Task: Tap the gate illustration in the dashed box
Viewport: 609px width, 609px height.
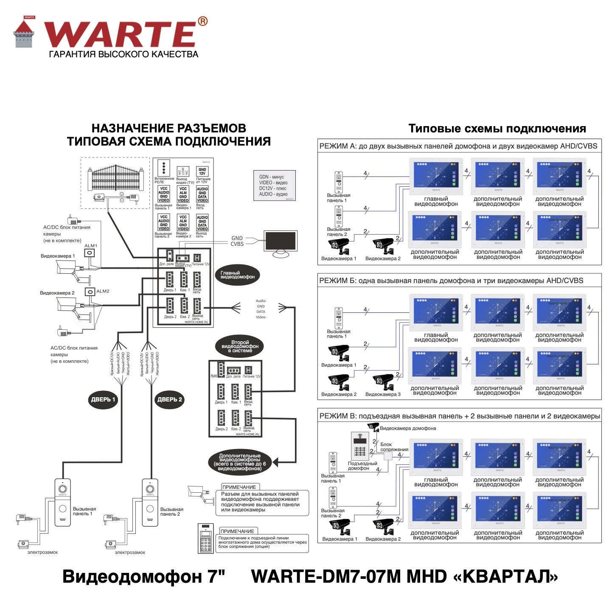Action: (115, 177)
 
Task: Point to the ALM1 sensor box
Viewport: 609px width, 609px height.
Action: (90, 253)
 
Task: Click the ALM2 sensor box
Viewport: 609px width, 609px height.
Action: (90, 292)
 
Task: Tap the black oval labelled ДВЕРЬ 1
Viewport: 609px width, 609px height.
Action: (103, 399)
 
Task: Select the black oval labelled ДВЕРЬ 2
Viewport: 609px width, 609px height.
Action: (169, 399)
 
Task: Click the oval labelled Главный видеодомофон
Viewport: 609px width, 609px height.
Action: (237, 275)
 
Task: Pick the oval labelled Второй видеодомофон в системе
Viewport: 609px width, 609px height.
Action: (240, 346)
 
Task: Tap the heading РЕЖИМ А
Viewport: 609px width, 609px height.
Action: (458, 146)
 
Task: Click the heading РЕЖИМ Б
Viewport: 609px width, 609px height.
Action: (451, 281)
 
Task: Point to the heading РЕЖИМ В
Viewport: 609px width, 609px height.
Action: (459, 416)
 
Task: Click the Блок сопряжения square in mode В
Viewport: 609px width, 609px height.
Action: (388, 456)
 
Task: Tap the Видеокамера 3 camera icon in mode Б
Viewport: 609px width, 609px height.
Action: (383, 381)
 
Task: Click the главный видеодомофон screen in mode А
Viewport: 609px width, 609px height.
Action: (435, 174)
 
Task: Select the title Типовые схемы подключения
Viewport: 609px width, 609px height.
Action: (497, 129)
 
